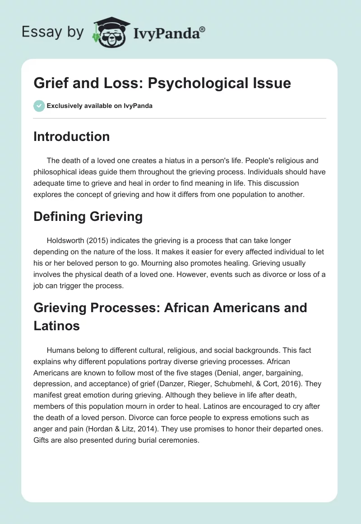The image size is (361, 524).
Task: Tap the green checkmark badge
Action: (39, 106)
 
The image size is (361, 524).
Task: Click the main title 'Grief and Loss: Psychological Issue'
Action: (162, 83)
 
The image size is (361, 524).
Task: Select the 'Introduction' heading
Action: (71, 136)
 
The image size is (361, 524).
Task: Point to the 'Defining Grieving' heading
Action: (88, 216)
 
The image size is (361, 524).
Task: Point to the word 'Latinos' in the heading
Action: (56, 325)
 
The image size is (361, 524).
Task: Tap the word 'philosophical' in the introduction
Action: (55, 172)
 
